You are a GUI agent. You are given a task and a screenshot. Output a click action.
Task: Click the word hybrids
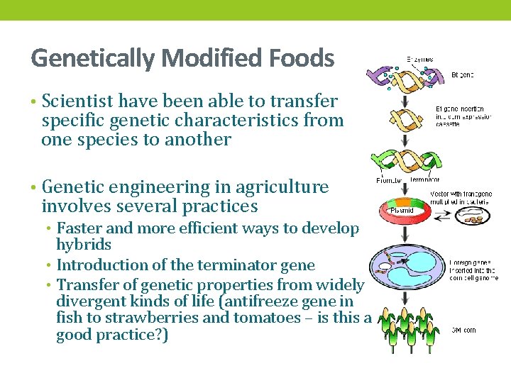tap(84, 245)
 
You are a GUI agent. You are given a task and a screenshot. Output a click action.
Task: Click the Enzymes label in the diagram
tap(419, 60)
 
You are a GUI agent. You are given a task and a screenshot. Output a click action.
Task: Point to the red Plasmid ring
tap(408, 211)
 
